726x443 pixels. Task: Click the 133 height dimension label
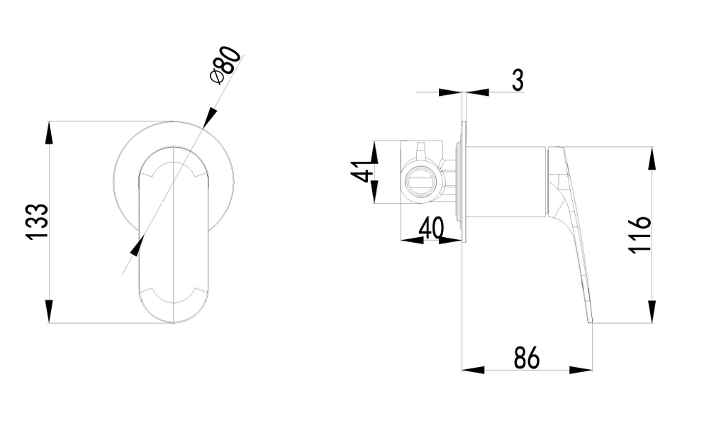click(x=37, y=221)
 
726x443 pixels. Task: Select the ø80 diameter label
click(x=225, y=65)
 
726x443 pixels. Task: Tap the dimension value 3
click(x=518, y=80)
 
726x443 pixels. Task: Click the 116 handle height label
click(x=640, y=234)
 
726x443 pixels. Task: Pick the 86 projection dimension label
click(x=527, y=358)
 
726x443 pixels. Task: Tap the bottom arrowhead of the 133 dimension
click(x=49, y=311)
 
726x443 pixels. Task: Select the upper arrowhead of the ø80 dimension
click(x=210, y=116)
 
